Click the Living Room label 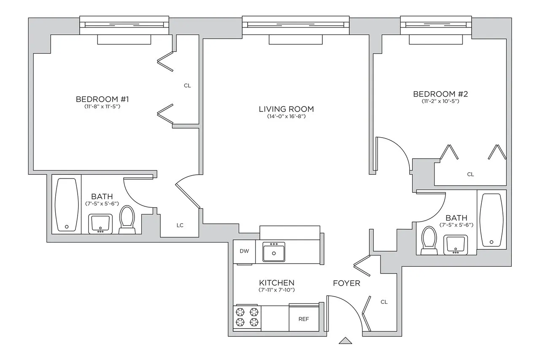[x=286, y=109]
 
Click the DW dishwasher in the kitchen [x=244, y=251]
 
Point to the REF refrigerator [x=303, y=319]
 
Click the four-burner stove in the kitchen [x=247, y=317]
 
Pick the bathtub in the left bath [x=67, y=205]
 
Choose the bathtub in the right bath [x=492, y=220]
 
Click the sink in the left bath [x=100, y=223]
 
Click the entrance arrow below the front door [x=345, y=341]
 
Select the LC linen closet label [x=180, y=225]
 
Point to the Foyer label [x=346, y=283]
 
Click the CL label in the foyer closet [x=384, y=302]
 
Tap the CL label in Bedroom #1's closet [x=187, y=85]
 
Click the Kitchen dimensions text [x=276, y=290]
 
